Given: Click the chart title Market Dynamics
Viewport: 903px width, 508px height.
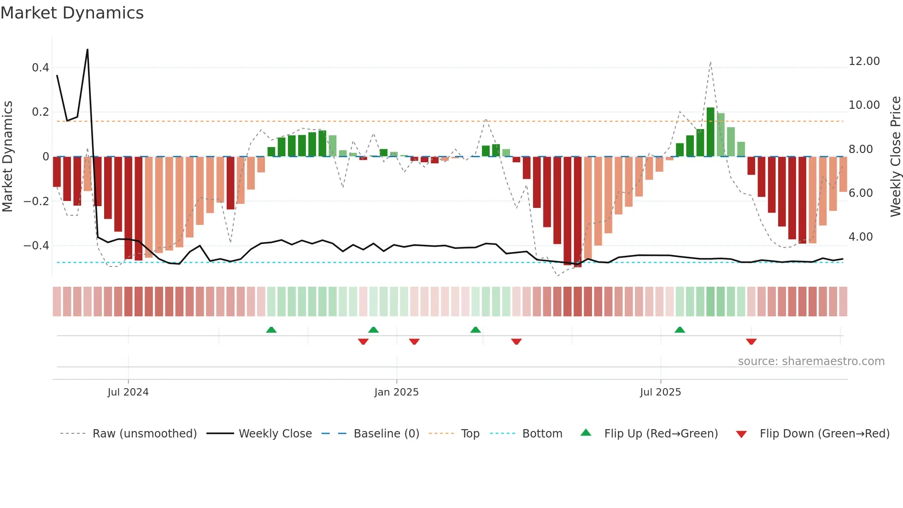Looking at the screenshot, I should tap(72, 13).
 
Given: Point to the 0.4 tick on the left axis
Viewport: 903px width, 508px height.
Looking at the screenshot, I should tap(41, 68).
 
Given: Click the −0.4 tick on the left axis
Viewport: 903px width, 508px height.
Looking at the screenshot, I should tap(36, 246).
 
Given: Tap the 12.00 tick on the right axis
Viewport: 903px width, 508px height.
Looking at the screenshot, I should tap(864, 61).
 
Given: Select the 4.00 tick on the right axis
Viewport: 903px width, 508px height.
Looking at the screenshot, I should tap(861, 237).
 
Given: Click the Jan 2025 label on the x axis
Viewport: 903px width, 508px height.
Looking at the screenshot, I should tap(396, 392).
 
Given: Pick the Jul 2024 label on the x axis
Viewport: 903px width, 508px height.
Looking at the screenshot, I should tap(128, 392).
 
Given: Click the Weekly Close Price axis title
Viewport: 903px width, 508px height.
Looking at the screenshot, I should tap(895, 157).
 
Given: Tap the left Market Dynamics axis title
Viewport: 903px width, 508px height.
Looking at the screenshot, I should tap(7, 157).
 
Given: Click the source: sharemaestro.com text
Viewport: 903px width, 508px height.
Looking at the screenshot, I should tap(811, 361).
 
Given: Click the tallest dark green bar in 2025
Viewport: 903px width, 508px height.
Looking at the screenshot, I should tap(710, 132).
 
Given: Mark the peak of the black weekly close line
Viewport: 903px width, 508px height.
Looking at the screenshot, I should tap(88, 49).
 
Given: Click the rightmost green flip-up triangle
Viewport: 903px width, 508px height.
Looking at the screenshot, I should tap(680, 330).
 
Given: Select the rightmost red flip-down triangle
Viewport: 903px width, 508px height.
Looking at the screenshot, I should tap(751, 342).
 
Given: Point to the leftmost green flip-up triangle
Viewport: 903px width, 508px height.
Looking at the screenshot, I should tap(271, 330).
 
